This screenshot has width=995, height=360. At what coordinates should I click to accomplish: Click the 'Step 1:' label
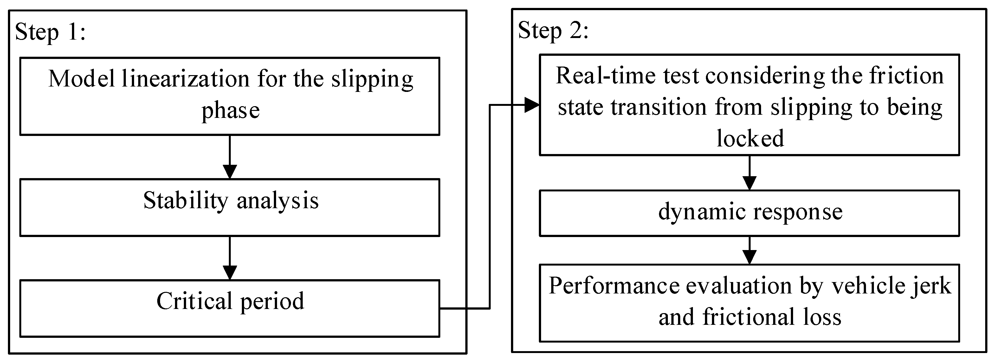(50, 32)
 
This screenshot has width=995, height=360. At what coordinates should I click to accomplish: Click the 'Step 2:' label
(553, 31)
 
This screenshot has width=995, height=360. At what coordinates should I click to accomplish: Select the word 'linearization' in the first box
(186, 79)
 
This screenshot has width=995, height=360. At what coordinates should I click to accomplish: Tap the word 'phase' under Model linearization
(230, 111)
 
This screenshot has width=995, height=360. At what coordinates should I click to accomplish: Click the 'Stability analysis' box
(230, 208)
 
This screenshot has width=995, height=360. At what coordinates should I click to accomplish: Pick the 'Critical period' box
(230, 308)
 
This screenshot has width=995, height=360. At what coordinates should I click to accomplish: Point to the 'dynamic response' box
(749, 213)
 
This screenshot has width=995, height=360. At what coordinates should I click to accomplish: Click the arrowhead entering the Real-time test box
(532, 105)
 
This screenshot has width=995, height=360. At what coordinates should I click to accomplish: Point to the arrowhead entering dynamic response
(749, 183)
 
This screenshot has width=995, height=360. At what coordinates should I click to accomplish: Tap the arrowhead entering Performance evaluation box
(749, 257)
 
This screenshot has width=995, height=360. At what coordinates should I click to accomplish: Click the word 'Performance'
(614, 286)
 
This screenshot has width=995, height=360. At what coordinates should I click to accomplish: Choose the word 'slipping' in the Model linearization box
(372, 80)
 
